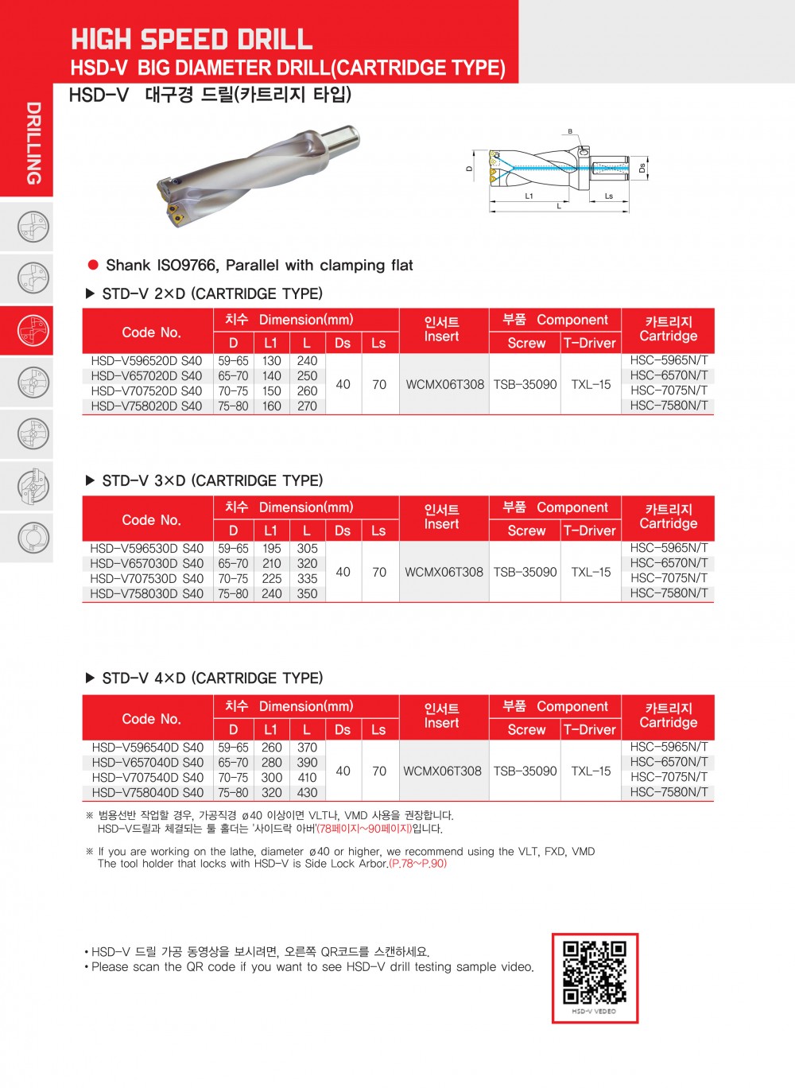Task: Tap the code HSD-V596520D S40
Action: pos(146,361)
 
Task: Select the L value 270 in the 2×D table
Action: pos(307,406)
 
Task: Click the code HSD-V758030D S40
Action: pos(146,594)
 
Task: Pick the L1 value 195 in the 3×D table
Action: pos(271,549)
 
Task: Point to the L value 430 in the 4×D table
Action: pos(307,793)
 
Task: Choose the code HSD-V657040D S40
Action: pos(147,763)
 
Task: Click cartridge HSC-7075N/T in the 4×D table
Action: pos(669,777)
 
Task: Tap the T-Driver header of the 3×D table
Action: pos(590,531)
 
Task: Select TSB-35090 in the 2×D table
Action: pos(525,385)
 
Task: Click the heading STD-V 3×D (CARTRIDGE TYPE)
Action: pos(212,481)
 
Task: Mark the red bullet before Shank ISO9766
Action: pos(93,265)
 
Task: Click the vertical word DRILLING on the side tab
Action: pos(33,143)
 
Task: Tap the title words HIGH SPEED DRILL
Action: pos(192,39)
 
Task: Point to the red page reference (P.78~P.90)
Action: pos(418,864)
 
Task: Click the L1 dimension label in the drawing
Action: pos(529,196)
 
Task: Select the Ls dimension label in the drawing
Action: pos(609,196)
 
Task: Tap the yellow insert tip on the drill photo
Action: pos(173,211)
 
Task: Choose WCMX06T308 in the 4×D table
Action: pos(442,771)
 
